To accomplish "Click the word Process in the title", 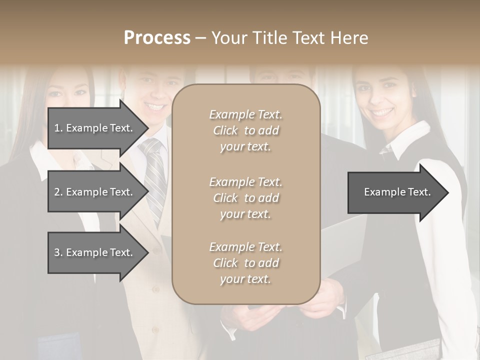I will click(x=157, y=37).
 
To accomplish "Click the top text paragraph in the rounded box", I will click(x=245, y=130).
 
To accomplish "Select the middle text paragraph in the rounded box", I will click(x=245, y=198).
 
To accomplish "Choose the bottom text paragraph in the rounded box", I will click(x=245, y=263).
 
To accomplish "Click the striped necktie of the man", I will click(x=154, y=175).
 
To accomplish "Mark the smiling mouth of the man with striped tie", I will click(x=154, y=106).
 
